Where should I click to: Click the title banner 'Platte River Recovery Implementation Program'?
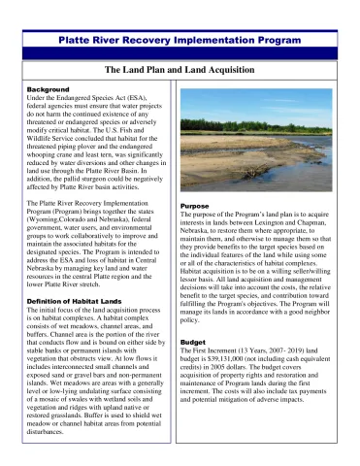coord(180,42)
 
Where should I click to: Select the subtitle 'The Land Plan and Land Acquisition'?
coord(180,71)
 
